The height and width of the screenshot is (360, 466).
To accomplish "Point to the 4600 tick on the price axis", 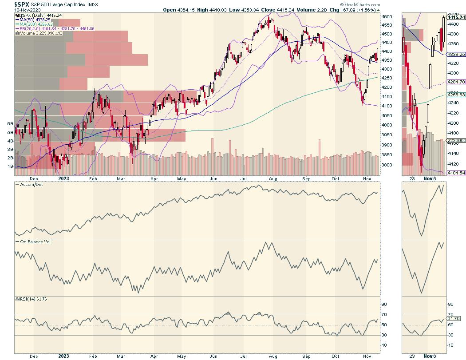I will [x=387, y=16].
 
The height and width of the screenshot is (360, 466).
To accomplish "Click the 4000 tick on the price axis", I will [x=387, y=125].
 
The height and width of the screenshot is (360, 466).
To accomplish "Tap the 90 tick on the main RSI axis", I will [x=385, y=305].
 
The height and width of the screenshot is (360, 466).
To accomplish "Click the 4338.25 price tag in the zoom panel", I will [x=456, y=54].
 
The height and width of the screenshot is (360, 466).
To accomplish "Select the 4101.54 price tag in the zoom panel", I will [x=456, y=172].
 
